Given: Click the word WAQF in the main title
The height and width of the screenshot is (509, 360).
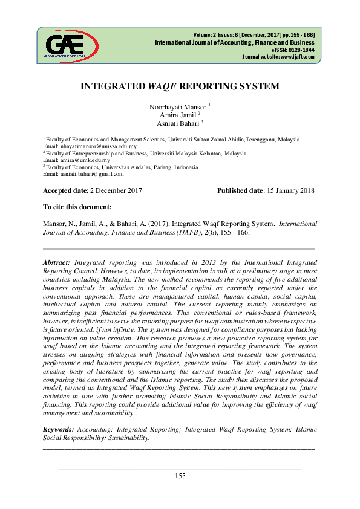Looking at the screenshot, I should (163, 86).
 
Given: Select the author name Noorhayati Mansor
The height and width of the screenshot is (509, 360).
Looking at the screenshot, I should (177, 106).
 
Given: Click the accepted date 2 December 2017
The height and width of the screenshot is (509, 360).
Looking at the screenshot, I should (116, 191).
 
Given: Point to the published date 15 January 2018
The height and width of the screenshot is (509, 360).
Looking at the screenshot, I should (290, 191).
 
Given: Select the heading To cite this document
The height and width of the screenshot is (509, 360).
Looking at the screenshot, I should (77, 207).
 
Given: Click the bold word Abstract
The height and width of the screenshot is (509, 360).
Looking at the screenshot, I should (57, 263).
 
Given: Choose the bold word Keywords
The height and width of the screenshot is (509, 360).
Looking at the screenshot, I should (59, 429).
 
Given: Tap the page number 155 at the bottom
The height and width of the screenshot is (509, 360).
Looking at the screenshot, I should (180, 476).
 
